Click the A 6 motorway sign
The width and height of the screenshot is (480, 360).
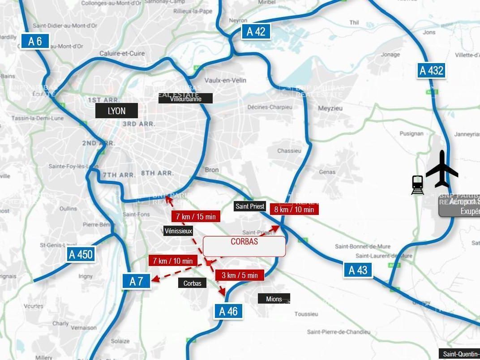35,41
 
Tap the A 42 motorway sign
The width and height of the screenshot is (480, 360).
256,31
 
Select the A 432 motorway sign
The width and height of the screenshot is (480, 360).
432,70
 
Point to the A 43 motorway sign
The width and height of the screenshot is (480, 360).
358,270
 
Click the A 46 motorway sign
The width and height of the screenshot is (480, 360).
228,311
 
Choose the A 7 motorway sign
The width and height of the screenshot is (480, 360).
136,281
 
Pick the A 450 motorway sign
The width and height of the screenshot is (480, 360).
81,255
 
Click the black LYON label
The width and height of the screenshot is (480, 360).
116,111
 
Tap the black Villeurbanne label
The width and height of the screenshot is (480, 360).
185,99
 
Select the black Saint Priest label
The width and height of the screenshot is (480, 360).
250,206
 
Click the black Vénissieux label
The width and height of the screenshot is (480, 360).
178,231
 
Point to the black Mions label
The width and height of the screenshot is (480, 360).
274,299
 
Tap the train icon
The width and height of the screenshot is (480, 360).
417,185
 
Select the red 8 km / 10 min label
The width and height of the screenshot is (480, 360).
294,209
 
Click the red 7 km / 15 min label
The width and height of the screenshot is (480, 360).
196,217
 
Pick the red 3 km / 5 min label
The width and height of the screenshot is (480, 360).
240,275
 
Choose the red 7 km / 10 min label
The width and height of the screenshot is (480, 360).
173,261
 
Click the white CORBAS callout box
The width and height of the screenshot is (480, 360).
244,246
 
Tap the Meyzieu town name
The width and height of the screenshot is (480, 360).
330,108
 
